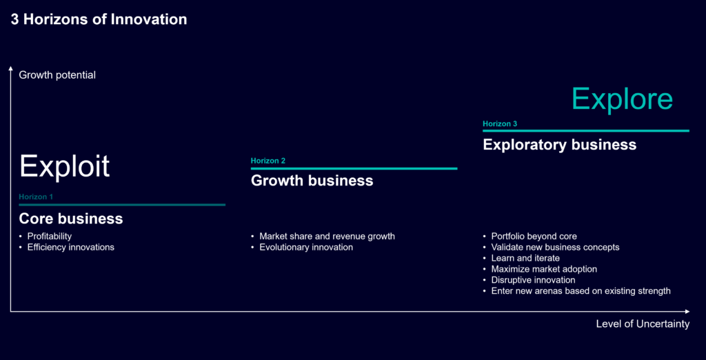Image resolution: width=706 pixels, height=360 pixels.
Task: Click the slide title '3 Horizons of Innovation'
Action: [x=99, y=19]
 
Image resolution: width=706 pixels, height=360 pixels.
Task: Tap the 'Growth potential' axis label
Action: [x=57, y=75]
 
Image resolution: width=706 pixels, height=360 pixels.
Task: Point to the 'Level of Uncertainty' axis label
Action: [x=643, y=323]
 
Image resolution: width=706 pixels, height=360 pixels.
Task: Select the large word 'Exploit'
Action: [x=64, y=166]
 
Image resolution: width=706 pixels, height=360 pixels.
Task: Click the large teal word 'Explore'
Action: [x=623, y=99]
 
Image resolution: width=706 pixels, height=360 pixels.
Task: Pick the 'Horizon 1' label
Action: [x=36, y=197]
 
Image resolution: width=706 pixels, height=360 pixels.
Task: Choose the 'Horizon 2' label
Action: [x=268, y=161]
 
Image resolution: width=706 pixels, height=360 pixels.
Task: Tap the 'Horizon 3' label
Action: [x=500, y=124]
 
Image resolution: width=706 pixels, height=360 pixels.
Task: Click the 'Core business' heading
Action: [x=71, y=219]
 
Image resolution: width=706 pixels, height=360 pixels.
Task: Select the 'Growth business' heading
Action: [x=312, y=181]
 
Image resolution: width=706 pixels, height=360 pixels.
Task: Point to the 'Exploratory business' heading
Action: [x=560, y=145]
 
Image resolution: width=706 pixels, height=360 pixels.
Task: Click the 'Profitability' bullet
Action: [x=50, y=236]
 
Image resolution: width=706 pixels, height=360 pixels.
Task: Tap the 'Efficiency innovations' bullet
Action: [x=71, y=247]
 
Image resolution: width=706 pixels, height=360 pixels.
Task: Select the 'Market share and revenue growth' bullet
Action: [x=327, y=236]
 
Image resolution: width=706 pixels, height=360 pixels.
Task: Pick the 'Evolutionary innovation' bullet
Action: [x=306, y=247]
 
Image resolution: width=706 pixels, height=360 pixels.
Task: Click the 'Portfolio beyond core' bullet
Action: [x=534, y=236]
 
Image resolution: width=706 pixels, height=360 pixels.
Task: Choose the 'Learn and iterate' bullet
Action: [x=525, y=258]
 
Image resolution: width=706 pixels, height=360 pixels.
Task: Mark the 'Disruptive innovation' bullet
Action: [x=533, y=280]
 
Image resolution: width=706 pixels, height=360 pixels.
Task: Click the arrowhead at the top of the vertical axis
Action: [x=11, y=68]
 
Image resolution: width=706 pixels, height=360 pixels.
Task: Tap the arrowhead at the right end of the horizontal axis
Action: [x=687, y=311]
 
